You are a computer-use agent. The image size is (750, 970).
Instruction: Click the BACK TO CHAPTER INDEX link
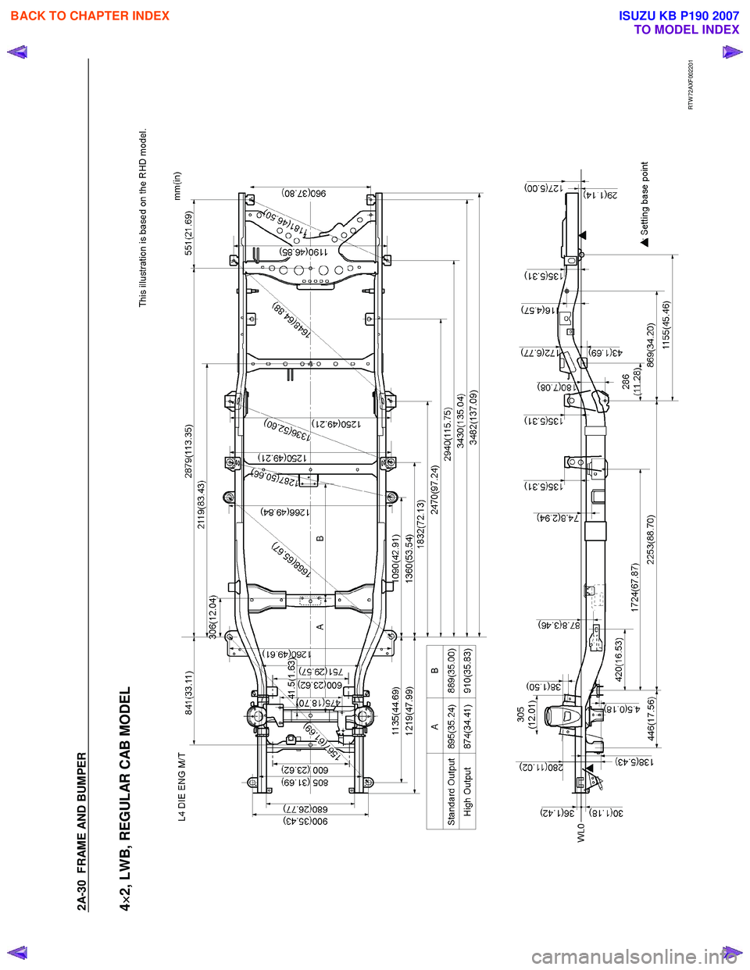(x=90, y=16)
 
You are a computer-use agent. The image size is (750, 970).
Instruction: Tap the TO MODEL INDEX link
(x=686, y=30)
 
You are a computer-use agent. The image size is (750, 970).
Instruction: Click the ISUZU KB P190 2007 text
(x=679, y=16)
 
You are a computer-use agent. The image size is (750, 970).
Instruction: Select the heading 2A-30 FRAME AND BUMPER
(x=82, y=831)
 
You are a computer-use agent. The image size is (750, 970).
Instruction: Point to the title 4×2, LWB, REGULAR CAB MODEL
(x=126, y=799)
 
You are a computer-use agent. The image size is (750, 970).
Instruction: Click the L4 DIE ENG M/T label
(x=182, y=786)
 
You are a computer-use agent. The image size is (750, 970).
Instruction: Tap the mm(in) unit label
(x=177, y=186)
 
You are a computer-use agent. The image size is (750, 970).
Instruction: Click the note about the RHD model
(x=143, y=218)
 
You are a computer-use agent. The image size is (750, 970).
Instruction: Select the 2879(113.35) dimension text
(x=188, y=451)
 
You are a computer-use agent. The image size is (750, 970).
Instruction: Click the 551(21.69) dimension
(x=188, y=233)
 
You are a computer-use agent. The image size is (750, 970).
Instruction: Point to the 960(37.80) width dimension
(x=303, y=193)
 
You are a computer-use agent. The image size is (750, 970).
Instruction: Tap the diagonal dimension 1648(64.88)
(x=291, y=319)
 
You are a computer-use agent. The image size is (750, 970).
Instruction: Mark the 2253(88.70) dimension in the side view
(x=652, y=539)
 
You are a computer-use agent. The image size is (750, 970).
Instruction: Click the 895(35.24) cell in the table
(x=452, y=727)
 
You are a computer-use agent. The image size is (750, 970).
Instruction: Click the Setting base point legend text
(x=645, y=198)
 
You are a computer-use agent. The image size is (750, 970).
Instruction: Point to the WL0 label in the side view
(x=580, y=832)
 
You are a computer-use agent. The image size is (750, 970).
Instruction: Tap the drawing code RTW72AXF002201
(x=691, y=85)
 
